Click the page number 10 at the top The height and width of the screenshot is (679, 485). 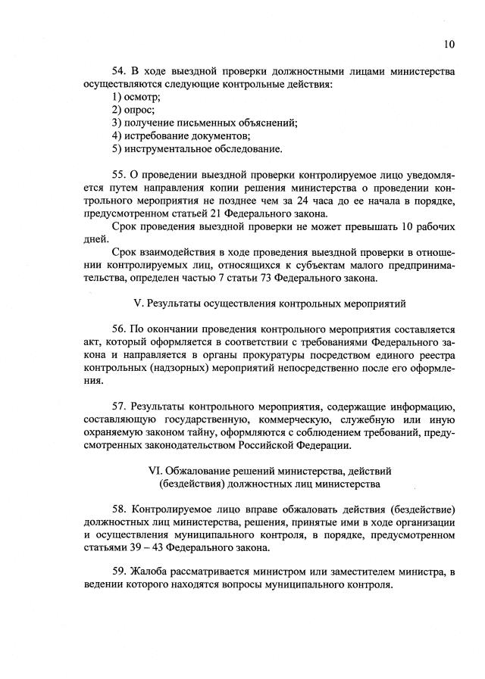coord(449,44)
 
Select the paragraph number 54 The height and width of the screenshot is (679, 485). coord(120,72)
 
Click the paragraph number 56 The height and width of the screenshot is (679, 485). coord(120,329)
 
